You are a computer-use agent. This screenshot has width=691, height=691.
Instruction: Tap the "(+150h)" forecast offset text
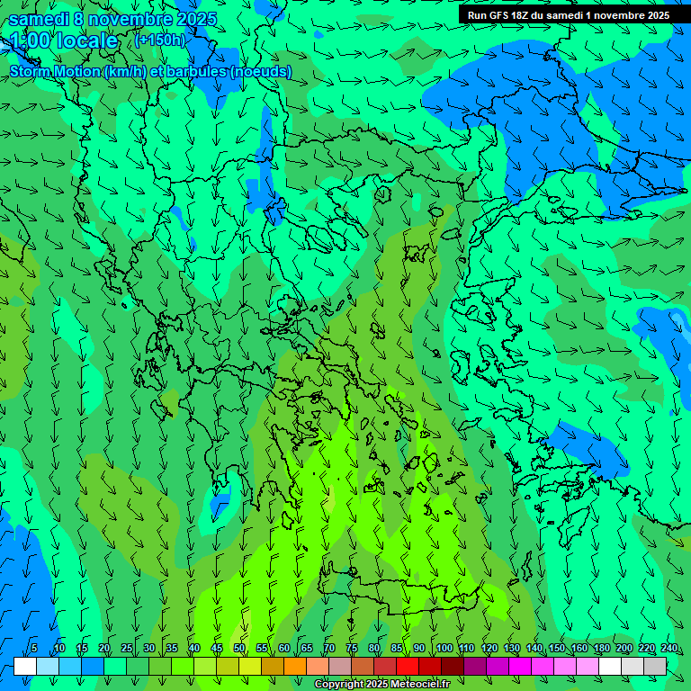click(x=160, y=40)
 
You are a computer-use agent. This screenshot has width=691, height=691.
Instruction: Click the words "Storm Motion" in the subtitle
click(x=55, y=71)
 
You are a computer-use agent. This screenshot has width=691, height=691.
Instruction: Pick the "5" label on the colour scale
click(x=34, y=648)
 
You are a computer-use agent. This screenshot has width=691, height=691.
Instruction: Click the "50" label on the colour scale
click(x=239, y=648)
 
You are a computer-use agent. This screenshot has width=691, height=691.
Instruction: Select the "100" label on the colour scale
click(x=444, y=648)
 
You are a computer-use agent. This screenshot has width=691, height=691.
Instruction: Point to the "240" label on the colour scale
click(x=669, y=648)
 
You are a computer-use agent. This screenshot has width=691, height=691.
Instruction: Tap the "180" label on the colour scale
click(x=602, y=648)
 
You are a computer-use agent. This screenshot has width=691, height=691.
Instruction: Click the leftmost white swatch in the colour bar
click(x=25, y=666)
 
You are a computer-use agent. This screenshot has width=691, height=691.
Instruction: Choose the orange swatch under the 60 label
click(x=273, y=666)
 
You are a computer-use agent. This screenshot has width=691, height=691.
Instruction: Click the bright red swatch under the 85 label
click(x=385, y=666)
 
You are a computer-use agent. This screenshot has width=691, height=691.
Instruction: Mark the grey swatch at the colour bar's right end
click(x=655, y=666)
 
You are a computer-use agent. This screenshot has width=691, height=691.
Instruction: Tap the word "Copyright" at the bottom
click(x=337, y=685)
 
